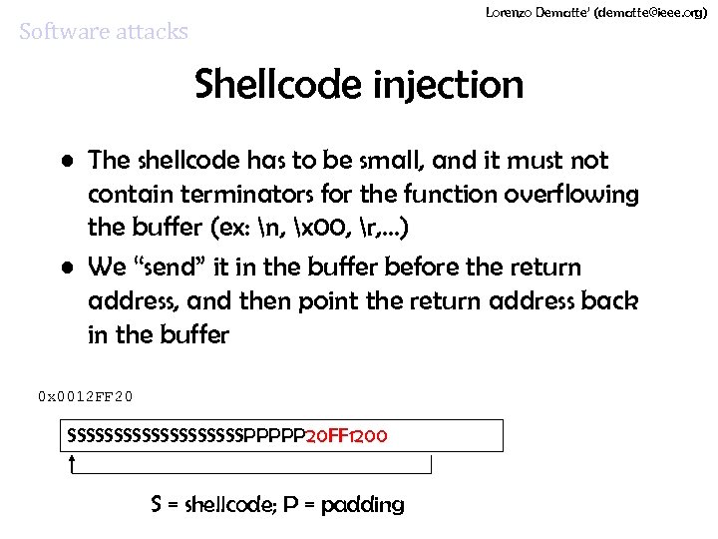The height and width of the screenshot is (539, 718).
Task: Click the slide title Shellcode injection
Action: pyautogui.click(x=359, y=85)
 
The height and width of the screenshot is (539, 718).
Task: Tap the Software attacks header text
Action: pyautogui.click(x=104, y=32)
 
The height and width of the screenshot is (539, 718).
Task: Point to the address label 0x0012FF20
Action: pyautogui.click(x=85, y=396)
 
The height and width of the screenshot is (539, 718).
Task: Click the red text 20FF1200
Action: pyautogui.click(x=346, y=436)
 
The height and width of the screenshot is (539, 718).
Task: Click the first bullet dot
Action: pyautogui.click(x=66, y=161)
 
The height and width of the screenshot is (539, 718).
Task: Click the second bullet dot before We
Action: pyautogui.click(x=66, y=268)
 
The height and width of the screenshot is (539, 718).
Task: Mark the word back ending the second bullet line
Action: pyautogui.click(x=611, y=300)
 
